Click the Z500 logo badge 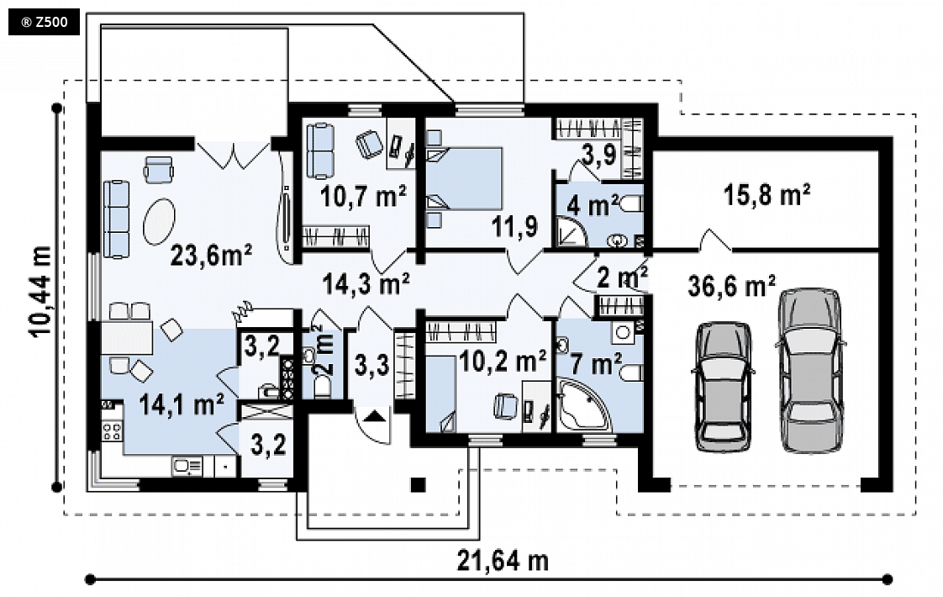point(44,23)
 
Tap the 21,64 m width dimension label point(503,561)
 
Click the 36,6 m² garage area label point(731,286)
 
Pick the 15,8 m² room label point(767,194)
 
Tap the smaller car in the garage point(724,387)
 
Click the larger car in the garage point(811,370)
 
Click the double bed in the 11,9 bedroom point(464,179)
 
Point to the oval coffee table point(160,221)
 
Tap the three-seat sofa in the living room point(117,219)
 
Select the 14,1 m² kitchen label point(182,404)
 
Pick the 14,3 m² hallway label point(366,283)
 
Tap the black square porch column point(418,485)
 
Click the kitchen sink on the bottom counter point(187,467)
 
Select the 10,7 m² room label point(363,196)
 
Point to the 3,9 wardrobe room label point(599,155)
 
